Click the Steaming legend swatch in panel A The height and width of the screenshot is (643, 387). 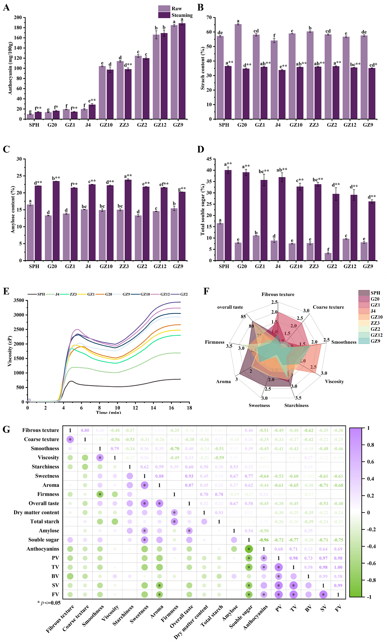coord(164,15)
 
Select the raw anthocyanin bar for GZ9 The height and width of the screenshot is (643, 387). coord(174,72)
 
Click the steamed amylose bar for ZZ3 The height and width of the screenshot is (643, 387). coord(128,220)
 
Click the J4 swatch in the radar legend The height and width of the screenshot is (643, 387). coord(364,311)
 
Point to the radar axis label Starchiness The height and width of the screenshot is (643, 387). coord(296,405)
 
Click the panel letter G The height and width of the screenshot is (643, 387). coord(6,429)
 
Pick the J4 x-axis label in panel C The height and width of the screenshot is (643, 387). coord(88,266)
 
